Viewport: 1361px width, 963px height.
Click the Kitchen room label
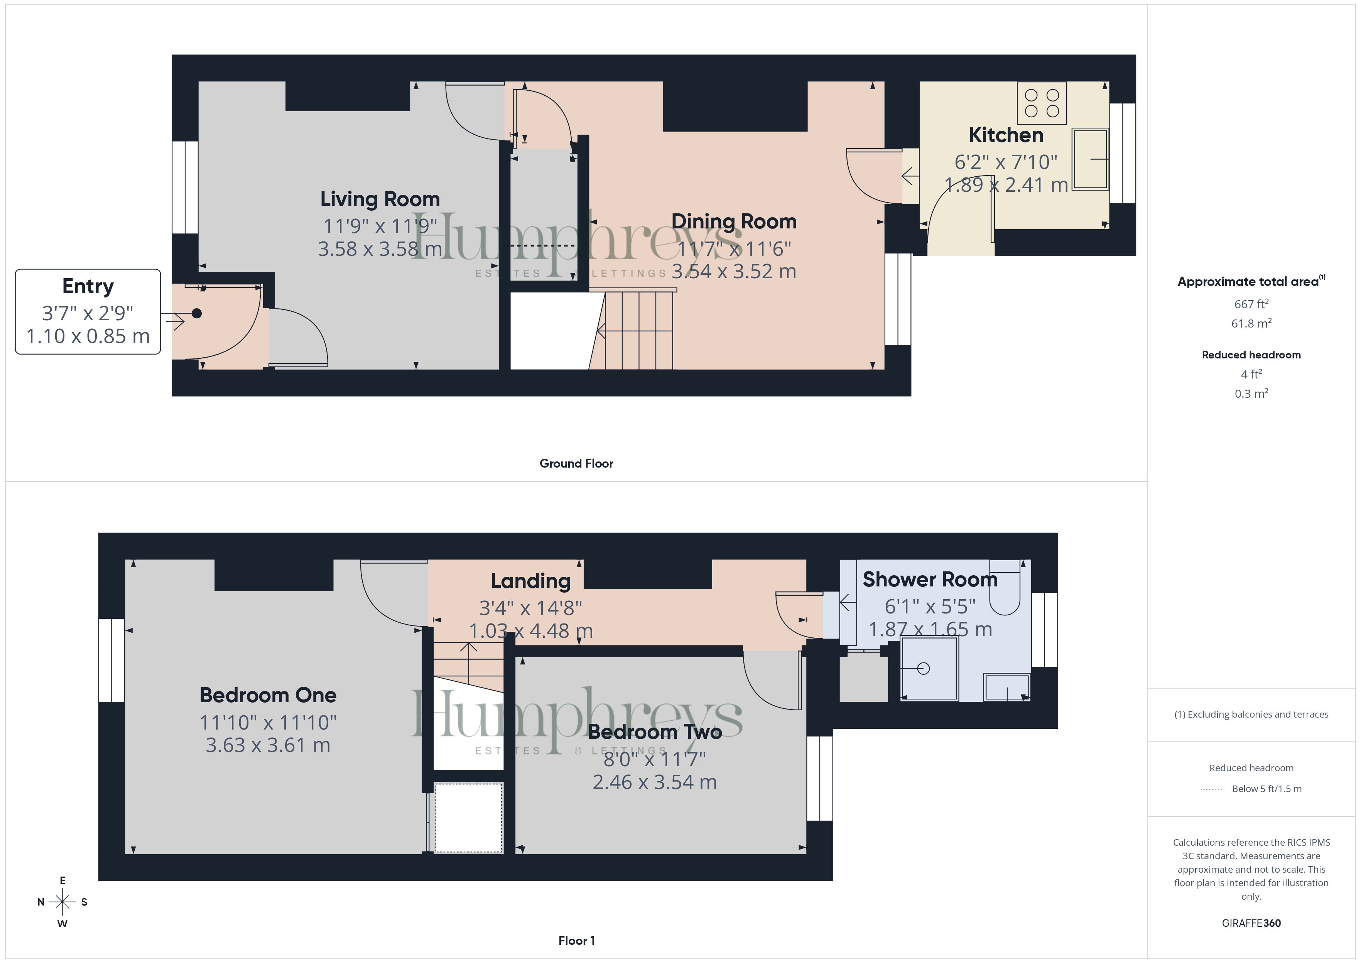click(x=1006, y=135)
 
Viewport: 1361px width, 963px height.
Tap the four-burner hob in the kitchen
click(x=1042, y=103)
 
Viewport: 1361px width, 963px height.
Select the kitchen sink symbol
click(x=1090, y=159)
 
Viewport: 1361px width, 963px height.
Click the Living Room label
click(x=380, y=199)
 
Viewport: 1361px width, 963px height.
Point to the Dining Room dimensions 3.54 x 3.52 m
click(x=734, y=271)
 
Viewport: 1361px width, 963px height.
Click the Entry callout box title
click(x=88, y=286)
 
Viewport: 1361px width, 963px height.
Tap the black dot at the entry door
click(x=197, y=314)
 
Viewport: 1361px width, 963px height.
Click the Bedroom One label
click(x=268, y=695)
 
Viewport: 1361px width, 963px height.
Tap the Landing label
click(x=530, y=581)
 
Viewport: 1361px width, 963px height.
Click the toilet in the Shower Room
click(x=1004, y=587)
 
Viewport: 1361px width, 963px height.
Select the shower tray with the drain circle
click(x=929, y=668)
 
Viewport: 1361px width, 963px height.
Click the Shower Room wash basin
click(x=1006, y=687)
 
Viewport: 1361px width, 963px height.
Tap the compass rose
click(x=62, y=902)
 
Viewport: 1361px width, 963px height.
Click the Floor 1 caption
click(x=576, y=941)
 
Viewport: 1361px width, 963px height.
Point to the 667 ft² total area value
click(x=1251, y=304)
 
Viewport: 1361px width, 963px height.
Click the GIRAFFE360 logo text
click(x=1251, y=923)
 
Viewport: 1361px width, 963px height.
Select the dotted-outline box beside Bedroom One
click(x=469, y=818)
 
